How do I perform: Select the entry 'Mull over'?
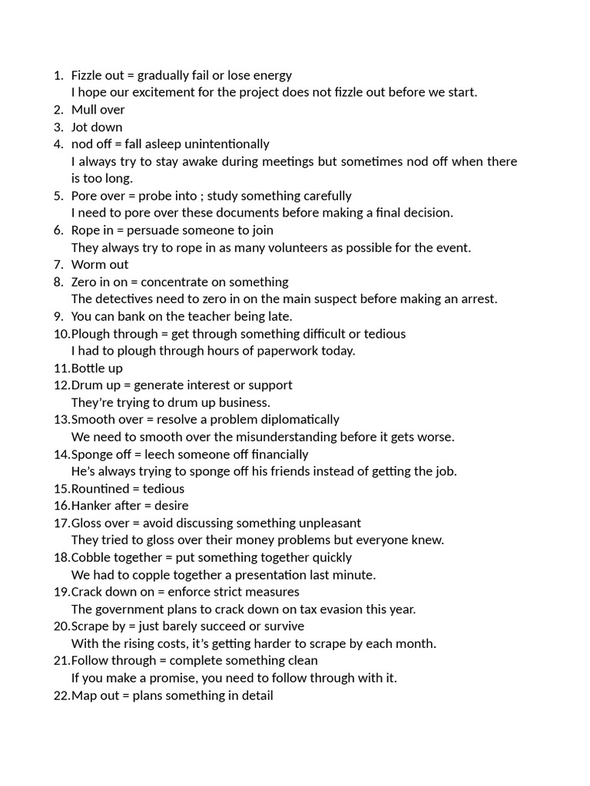tap(98, 110)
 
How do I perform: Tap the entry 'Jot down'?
tap(97, 127)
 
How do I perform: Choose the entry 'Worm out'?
tap(100, 265)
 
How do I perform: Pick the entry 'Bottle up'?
tap(97, 368)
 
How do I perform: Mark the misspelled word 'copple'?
tap(141, 574)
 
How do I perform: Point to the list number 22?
tap(61, 695)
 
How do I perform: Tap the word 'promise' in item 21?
tap(171, 678)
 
